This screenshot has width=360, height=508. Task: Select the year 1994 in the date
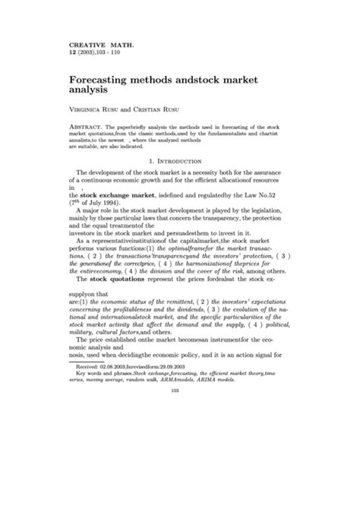tap(120, 203)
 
